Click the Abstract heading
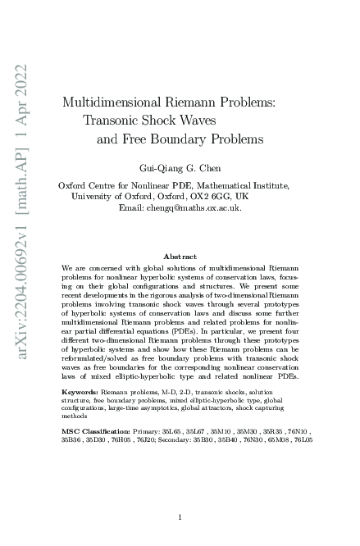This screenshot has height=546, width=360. pyautogui.click(x=180, y=257)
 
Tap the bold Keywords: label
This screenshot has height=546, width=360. pyautogui.click(x=80, y=393)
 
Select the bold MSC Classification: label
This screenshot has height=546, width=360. pyautogui.click(x=95, y=430)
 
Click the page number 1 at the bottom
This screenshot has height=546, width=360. pyautogui.click(x=180, y=516)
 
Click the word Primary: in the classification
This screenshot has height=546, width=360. pyautogui.click(x=148, y=430)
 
